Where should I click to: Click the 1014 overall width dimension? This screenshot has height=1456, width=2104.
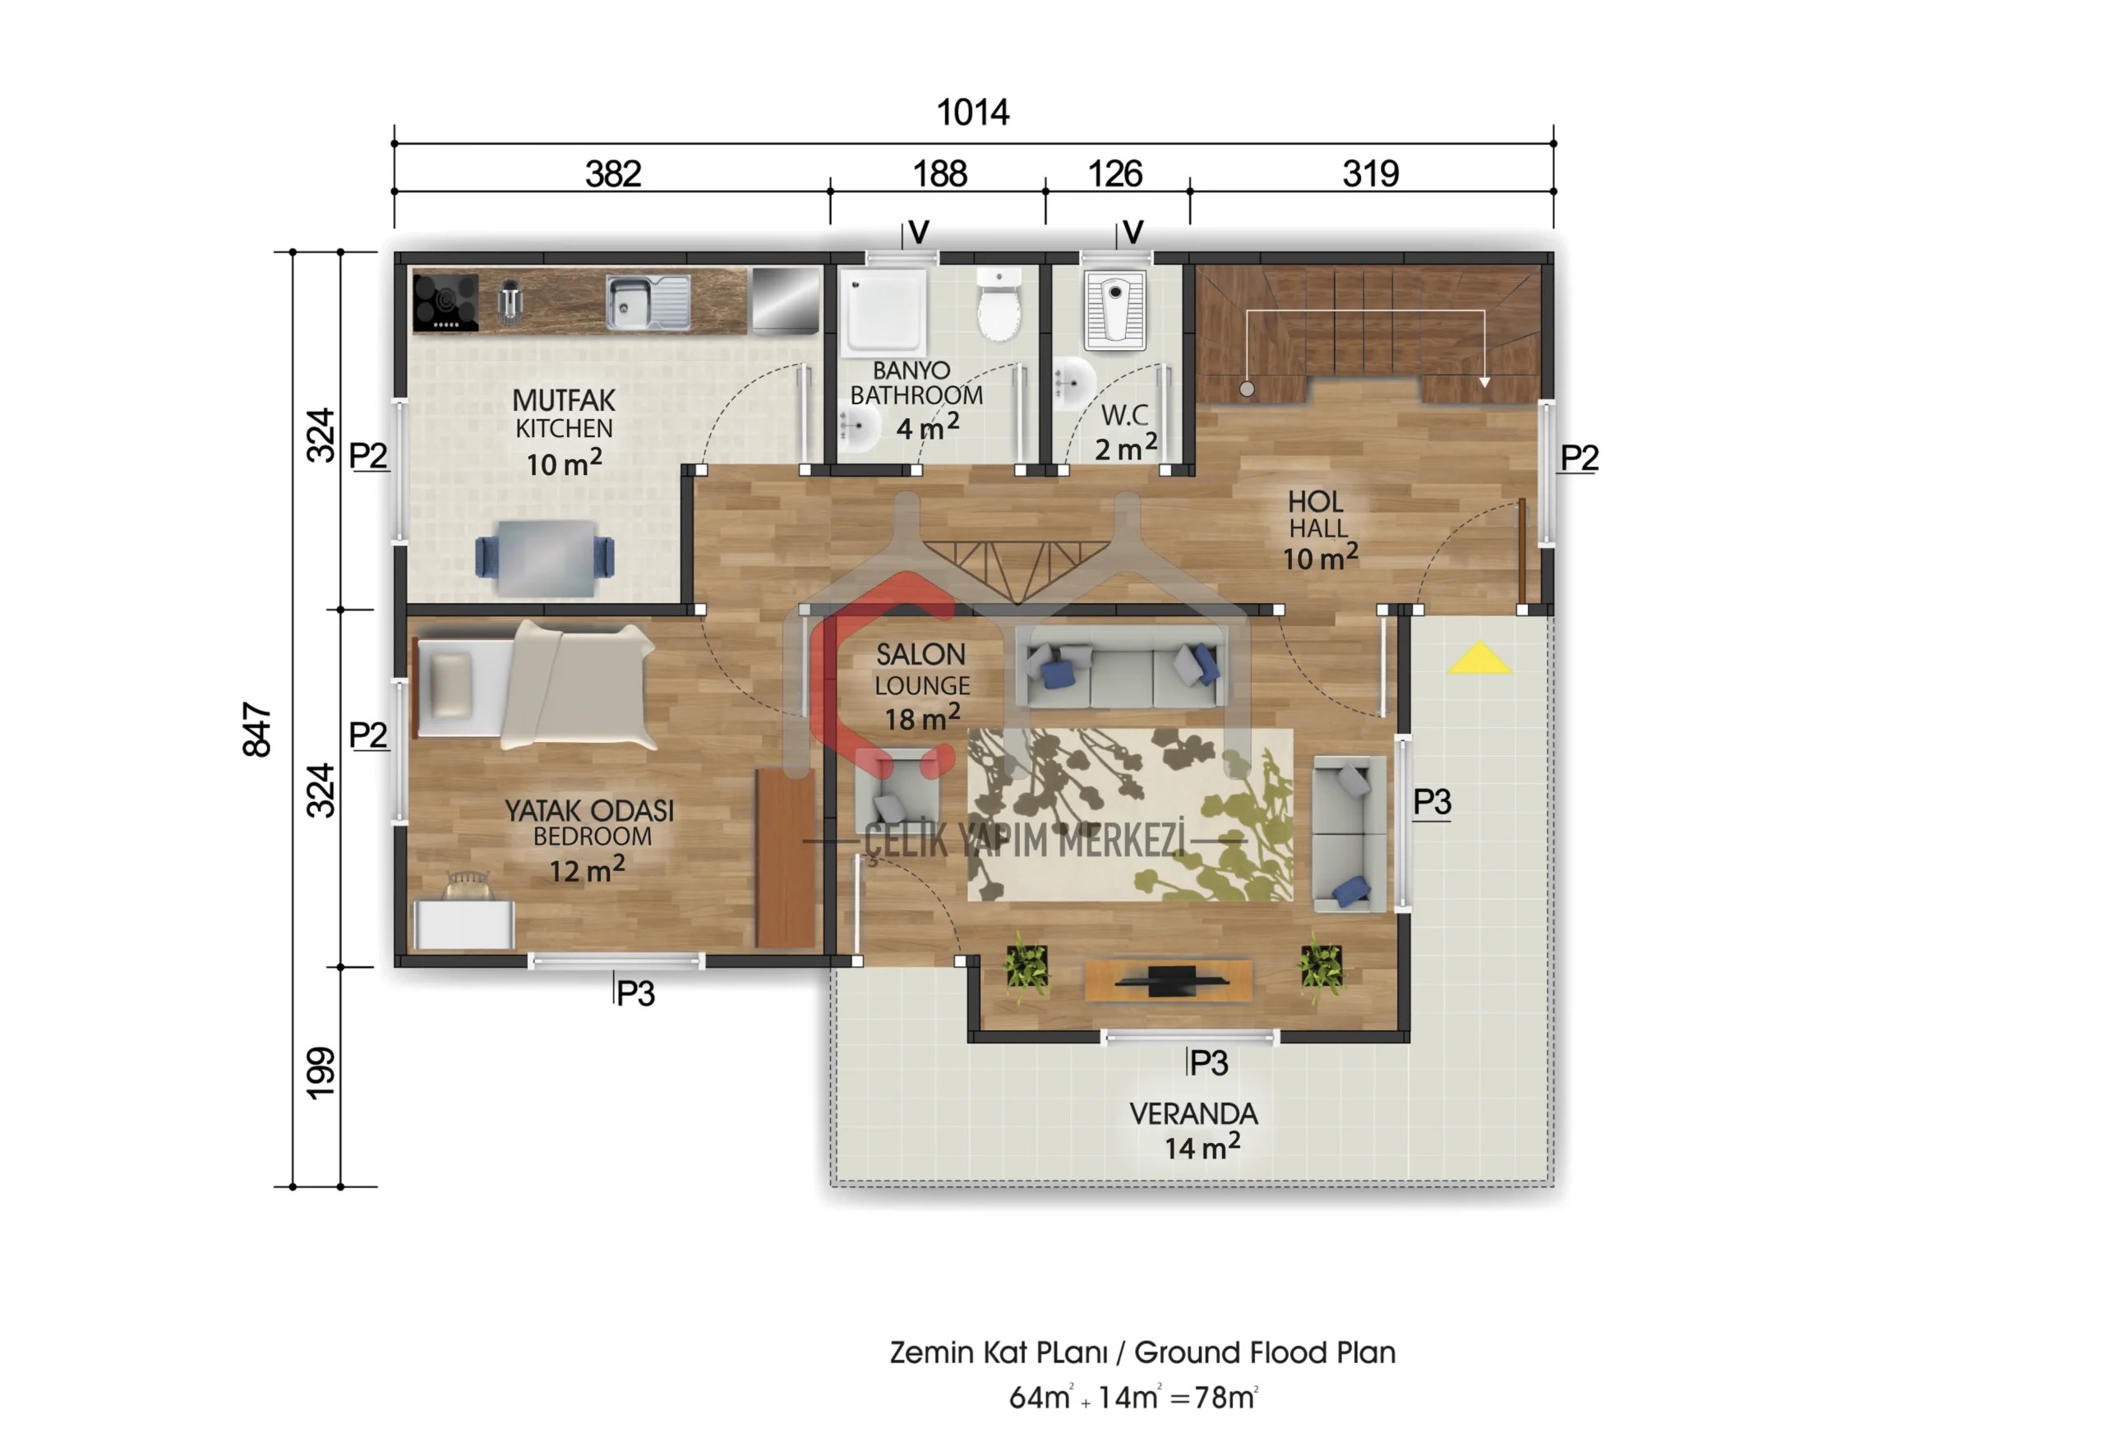point(972,113)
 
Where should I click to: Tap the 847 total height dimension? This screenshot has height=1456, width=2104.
point(257,729)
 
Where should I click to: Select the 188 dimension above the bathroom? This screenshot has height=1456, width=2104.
point(939,173)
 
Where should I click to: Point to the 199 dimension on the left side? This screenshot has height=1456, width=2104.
point(321,1073)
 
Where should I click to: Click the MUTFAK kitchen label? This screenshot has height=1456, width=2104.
point(564,399)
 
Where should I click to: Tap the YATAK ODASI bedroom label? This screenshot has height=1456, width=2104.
point(589,810)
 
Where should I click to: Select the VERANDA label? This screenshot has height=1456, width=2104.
point(1193,1113)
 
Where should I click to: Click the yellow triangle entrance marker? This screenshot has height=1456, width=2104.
point(1479,659)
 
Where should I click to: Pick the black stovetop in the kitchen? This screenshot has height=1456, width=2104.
point(445,302)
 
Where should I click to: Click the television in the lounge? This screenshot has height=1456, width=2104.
point(1170,981)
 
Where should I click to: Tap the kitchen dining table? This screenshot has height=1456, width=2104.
point(545,557)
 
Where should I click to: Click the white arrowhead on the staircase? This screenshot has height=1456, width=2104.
point(1484,381)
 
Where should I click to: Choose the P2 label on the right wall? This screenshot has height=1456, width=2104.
point(1579,457)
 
